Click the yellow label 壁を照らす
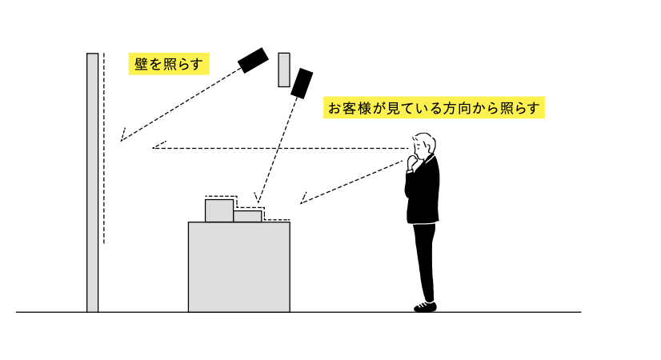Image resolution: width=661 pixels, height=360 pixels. pos(169,64)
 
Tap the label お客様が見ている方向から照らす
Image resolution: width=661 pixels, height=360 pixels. pos(435,108)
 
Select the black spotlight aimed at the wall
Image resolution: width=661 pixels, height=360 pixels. pos(253,60)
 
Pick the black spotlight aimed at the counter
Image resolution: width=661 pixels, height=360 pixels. pos(301,82)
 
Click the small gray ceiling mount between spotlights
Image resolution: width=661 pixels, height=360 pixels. pos(283,70)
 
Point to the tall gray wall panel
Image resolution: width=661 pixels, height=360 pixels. pos(93,182)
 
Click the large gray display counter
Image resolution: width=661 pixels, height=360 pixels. pos(238,266)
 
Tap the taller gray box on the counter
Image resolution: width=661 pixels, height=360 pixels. pos(218,210)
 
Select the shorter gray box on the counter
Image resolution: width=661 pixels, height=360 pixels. pos(247,216)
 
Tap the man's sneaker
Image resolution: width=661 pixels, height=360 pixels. pos(425,306)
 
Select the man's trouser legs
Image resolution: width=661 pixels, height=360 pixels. pos(425,260)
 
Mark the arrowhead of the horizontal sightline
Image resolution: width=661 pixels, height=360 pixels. pos(156,147)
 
